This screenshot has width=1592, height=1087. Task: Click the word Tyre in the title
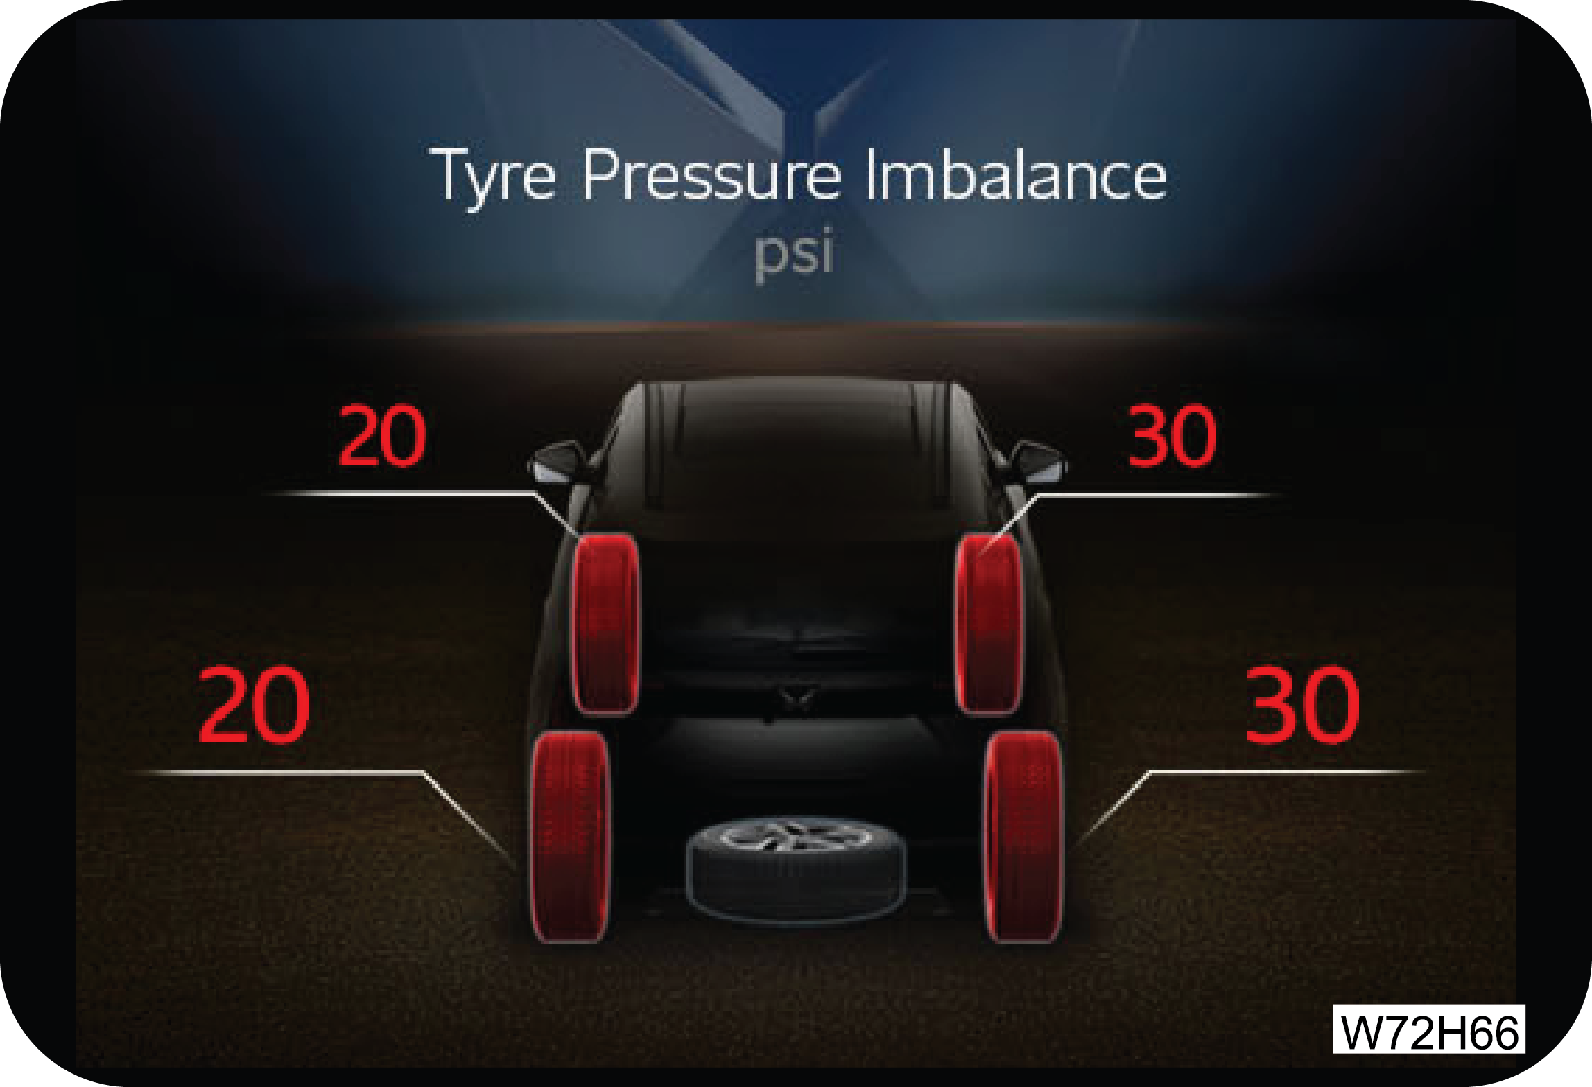click(x=494, y=176)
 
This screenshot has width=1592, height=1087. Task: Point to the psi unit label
click(x=795, y=252)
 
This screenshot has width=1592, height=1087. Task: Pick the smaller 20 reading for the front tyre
click(x=382, y=436)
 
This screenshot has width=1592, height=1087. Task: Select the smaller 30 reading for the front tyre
click(x=1173, y=436)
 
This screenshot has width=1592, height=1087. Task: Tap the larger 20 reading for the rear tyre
click(x=253, y=705)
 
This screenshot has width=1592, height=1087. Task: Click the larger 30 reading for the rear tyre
click(x=1303, y=705)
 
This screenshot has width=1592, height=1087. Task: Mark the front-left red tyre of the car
click(x=605, y=624)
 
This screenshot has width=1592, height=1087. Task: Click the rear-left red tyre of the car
click(x=570, y=837)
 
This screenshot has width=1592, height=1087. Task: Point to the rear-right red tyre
click(x=1024, y=837)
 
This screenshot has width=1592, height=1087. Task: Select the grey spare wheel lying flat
click(x=795, y=869)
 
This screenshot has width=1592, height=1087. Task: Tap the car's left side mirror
click(x=555, y=462)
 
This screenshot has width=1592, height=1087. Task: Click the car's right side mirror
click(x=1038, y=462)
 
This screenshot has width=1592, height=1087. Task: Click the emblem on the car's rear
click(x=796, y=696)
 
